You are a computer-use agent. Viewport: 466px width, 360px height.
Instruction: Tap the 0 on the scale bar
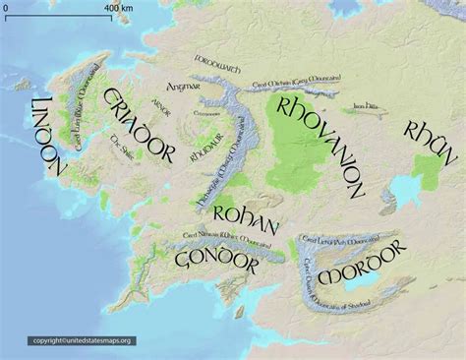[6, 8]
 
